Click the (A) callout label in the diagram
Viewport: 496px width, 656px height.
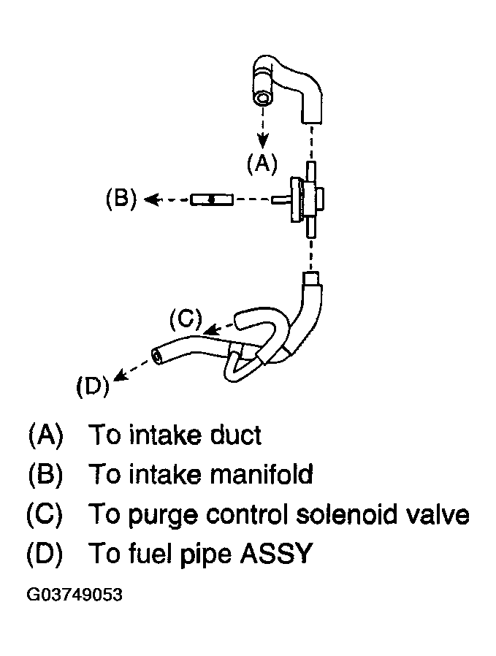[x=262, y=163]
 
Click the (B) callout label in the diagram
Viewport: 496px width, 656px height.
[x=121, y=198]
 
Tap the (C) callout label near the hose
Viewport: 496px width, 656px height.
[x=186, y=319]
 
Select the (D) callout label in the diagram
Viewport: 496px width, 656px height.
[x=93, y=386]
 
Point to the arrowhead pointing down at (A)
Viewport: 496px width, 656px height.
[x=262, y=141]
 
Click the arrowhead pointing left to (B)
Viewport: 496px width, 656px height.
[x=151, y=199]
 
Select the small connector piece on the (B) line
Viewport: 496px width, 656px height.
[x=212, y=199]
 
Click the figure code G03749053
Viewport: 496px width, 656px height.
[x=75, y=595]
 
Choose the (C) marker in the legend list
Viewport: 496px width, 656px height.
[x=45, y=514]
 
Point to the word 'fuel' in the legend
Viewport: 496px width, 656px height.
[x=150, y=553]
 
